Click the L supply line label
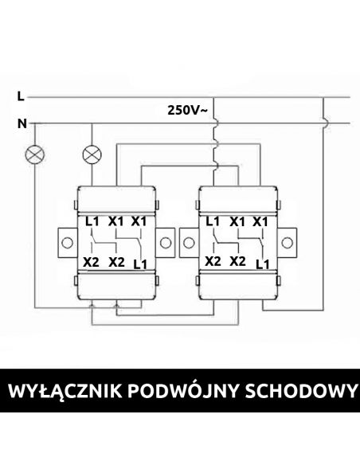click(21, 96)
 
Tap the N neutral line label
click(22, 123)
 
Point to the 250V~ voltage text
click(188, 110)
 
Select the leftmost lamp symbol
click(35, 154)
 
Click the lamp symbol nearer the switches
click(92, 154)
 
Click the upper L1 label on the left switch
click(92, 221)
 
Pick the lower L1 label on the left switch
click(140, 264)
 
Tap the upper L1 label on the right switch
click(213, 221)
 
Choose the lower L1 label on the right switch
click(263, 264)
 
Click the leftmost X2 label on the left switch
click(91, 262)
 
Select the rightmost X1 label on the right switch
click(260, 221)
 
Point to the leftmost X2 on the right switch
click(213, 261)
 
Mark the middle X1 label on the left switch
click(115, 221)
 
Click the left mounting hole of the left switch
click(68, 243)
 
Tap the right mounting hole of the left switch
click(166, 243)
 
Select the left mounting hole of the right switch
click(189, 243)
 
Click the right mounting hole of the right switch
click(287, 243)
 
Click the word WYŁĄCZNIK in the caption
click(65, 391)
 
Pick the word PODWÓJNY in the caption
click(183, 390)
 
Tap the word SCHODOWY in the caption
click(301, 391)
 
